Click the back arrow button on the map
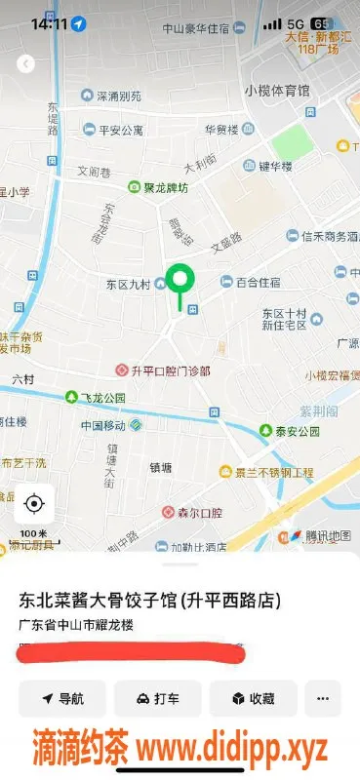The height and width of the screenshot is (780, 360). (26, 63)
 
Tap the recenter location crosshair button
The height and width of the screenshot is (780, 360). (34, 503)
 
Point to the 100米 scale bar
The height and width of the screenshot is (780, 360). (34, 535)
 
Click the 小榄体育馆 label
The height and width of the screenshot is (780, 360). (277, 91)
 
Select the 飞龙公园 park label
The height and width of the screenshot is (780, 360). (101, 398)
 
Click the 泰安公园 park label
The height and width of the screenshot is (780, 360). (296, 431)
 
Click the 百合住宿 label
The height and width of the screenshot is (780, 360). (258, 282)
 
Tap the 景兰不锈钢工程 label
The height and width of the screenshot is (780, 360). (273, 473)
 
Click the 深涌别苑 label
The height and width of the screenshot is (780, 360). (118, 97)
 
